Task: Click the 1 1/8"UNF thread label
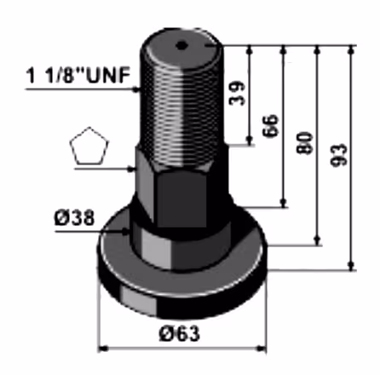pyautogui.click(x=78, y=75)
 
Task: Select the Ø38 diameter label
pyautogui.click(x=74, y=218)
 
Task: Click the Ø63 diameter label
pyautogui.click(x=180, y=333)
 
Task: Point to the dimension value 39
pyautogui.click(x=237, y=94)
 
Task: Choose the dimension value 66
pyautogui.click(x=270, y=126)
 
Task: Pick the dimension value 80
pyautogui.click(x=304, y=142)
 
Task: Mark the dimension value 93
pyautogui.click(x=339, y=155)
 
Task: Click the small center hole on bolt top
pyautogui.click(x=181, y=45)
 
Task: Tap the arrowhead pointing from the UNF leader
pyautogui.click(x=137, y=89)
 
